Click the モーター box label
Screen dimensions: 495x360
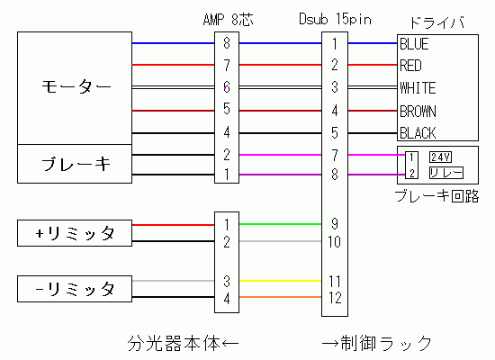76,86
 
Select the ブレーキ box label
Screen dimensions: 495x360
76,164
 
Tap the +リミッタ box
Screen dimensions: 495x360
75,233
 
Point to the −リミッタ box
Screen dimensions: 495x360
75,289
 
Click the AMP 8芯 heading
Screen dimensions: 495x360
228,20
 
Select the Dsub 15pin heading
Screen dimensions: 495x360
335,19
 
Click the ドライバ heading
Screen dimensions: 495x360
437,22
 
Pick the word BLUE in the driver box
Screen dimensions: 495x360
414,44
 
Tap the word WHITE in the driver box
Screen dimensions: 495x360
418,88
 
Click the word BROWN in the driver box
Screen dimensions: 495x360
418,112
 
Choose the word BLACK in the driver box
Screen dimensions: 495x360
418,133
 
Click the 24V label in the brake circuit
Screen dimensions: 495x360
440,157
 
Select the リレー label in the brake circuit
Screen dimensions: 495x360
446,173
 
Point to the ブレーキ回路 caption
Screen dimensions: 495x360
436,196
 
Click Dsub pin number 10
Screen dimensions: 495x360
334,242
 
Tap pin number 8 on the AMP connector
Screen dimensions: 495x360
226,43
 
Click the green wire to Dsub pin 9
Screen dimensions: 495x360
280,224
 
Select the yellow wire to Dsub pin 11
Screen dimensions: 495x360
280,281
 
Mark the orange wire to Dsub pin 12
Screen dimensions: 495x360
280,297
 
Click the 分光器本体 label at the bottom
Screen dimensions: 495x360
174,344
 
